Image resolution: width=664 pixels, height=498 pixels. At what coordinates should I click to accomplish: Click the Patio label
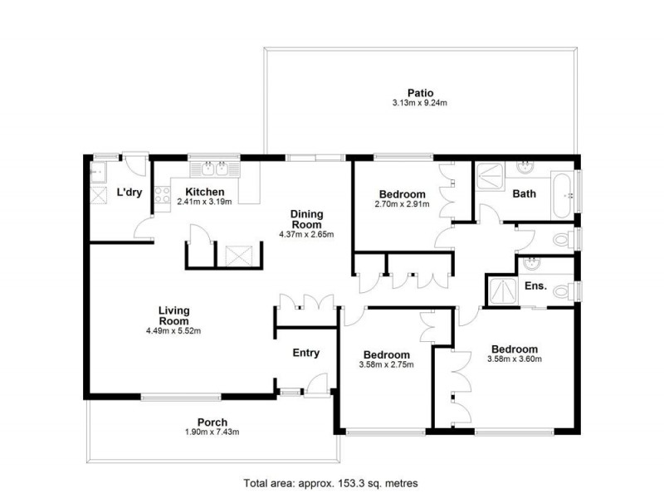pyautogui.click(x=419, y=93)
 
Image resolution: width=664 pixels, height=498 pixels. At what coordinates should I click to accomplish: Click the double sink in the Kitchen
pyautogui.click(x=213, y=170)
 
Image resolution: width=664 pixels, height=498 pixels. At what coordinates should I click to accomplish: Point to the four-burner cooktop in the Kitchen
pyautogui.click(x=163, y=198)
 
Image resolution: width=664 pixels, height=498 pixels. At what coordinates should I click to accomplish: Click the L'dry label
pyautogui.click(x=129, y=193)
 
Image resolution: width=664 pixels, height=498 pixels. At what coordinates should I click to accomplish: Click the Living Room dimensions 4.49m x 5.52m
pyautogui.click(x=173, y=330)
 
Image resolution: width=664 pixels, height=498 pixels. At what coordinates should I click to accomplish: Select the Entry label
pyautogui.click(x=305, y=353)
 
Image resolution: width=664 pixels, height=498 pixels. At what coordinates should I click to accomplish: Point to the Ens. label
pyautogui.click(x=536, y=286)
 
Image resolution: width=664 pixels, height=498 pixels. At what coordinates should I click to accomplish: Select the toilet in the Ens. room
pyautogui.click(x=564, y=291)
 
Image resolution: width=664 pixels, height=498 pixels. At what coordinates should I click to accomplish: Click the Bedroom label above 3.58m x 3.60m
pyautogui.click(x=514, y=349)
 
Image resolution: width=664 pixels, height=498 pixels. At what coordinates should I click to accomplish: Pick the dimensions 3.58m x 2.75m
pyautogui.click(x=386, y=364)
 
